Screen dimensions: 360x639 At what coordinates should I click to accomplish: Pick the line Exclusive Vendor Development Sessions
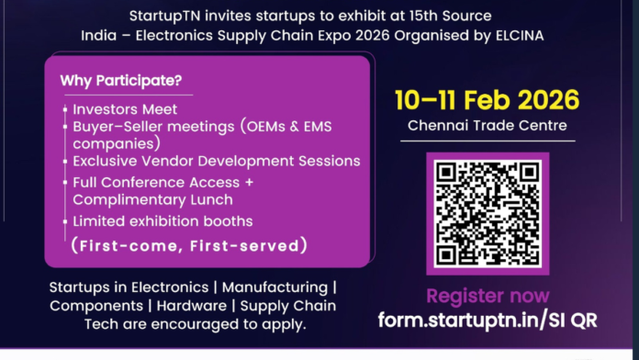coord(217,162)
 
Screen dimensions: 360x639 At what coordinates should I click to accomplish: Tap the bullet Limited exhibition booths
coord(163,221)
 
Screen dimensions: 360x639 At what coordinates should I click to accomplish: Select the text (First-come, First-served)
coord(188,246)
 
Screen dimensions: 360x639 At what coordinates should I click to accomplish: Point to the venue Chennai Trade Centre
coord(488,125)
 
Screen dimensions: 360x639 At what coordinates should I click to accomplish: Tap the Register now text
coord(488,296)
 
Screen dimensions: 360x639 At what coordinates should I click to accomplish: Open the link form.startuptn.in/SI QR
coord(488,320)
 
